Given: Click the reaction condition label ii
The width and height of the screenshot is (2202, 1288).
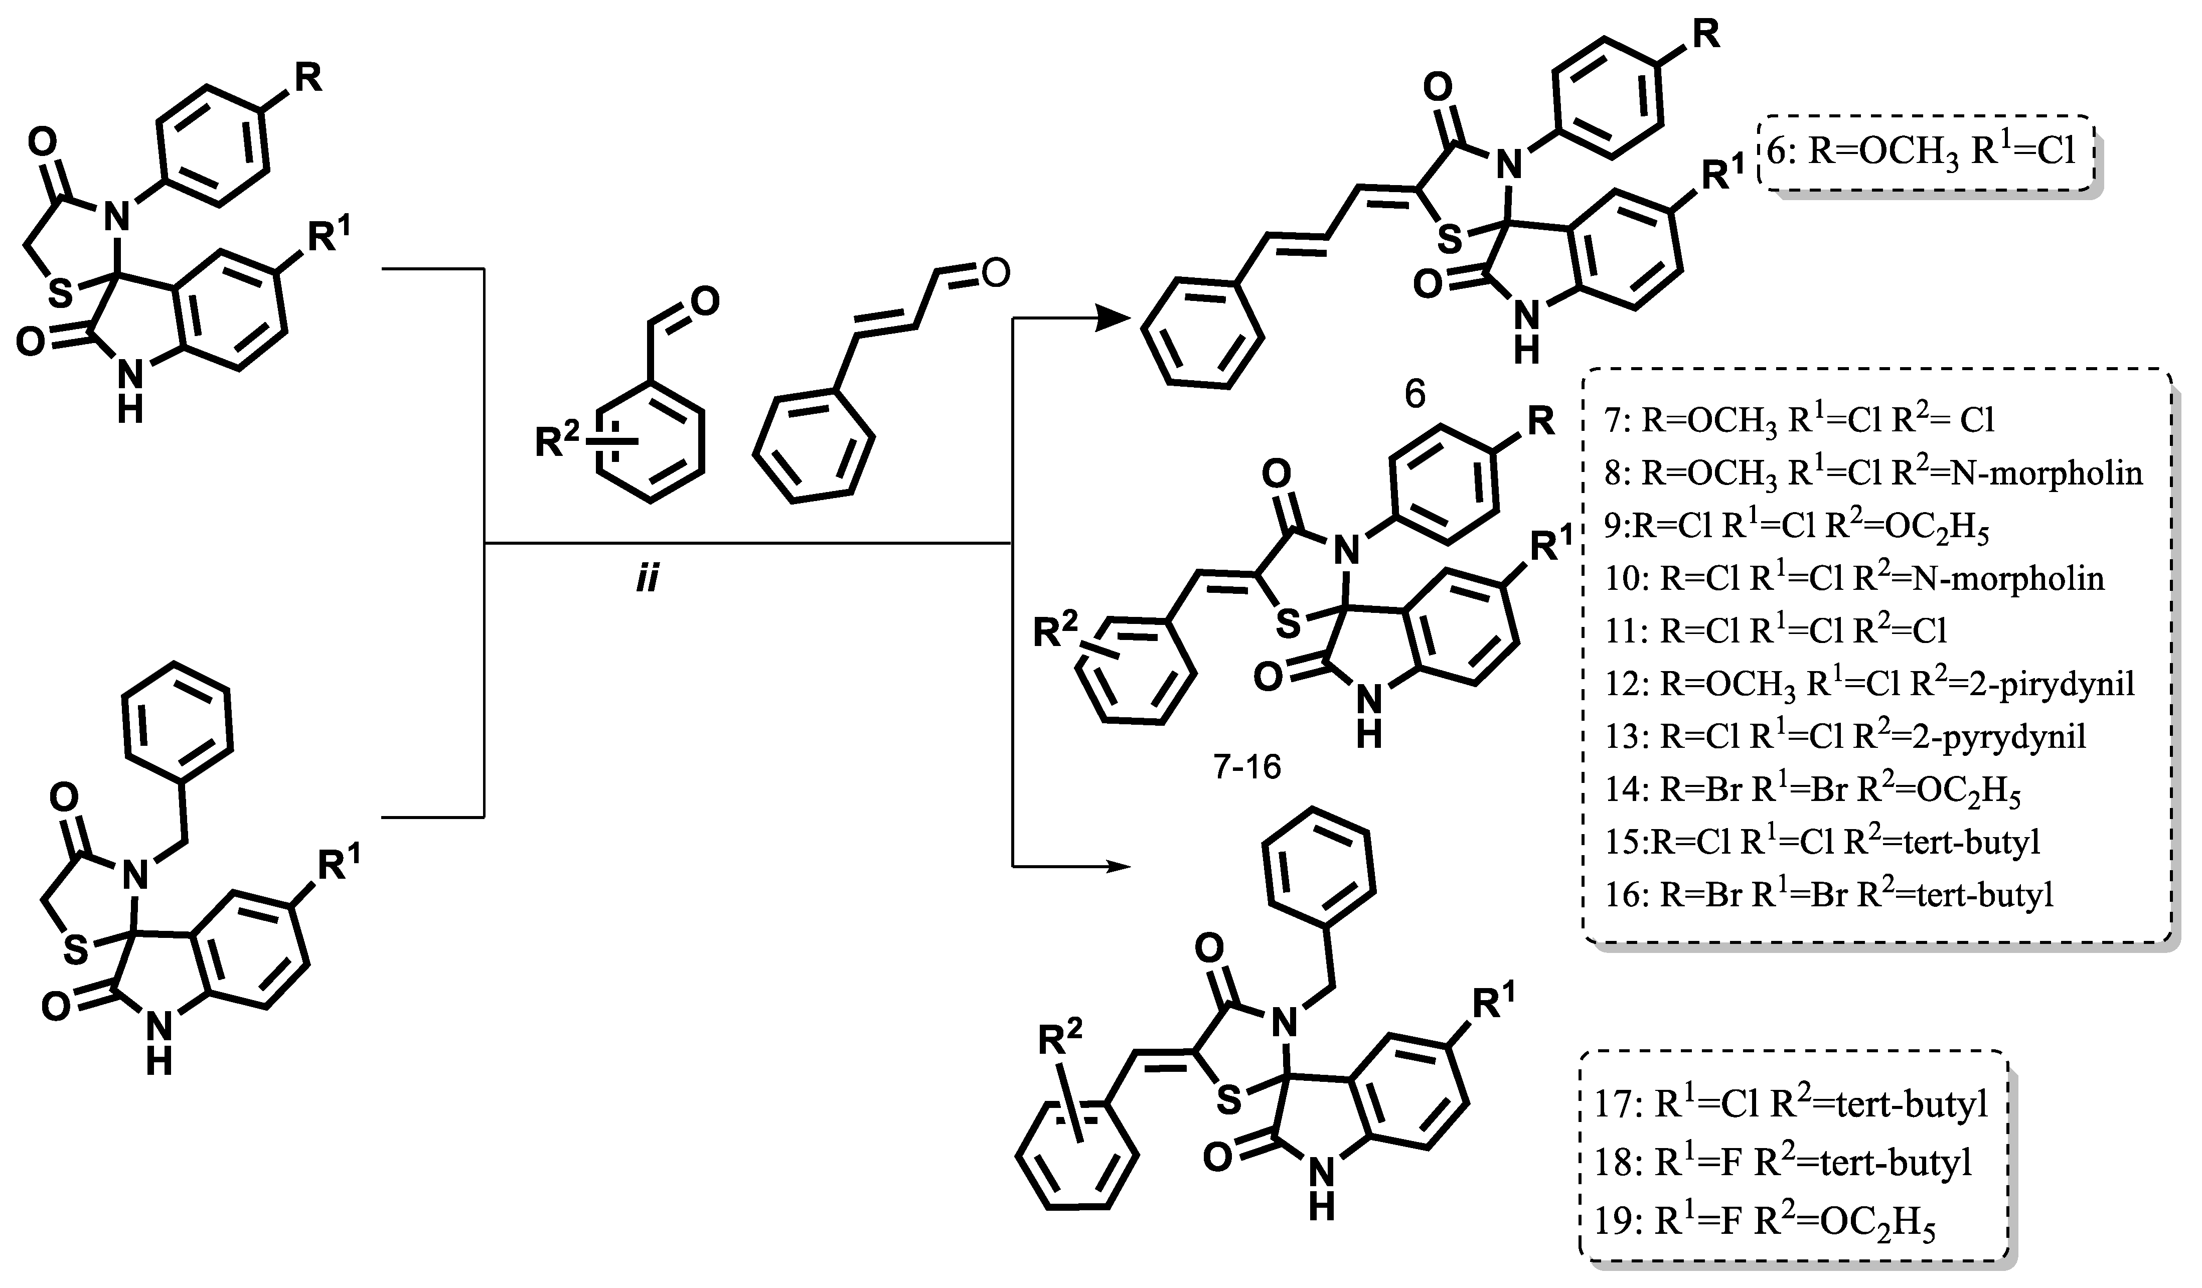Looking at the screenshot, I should (647, 578).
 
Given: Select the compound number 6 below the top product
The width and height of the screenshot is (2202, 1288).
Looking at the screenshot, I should (1414, 394).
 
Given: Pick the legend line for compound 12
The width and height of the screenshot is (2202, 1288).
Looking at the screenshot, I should (1888, 683).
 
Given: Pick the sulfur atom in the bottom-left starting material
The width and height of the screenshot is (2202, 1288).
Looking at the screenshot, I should (77, 949).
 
